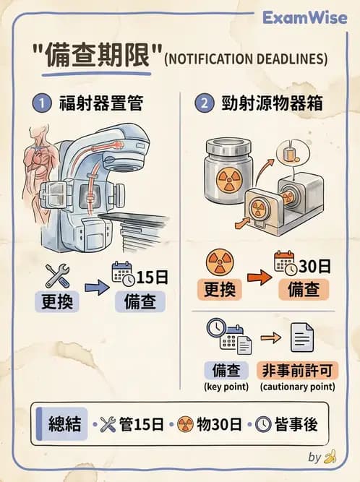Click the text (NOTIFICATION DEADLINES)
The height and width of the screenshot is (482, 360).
coord(246,59)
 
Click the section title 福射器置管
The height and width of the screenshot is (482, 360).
coord(100,103)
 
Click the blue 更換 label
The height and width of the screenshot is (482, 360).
coord(55,301)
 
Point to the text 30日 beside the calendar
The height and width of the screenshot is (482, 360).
coord(314,265)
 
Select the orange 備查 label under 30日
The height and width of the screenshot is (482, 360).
coord(304,290)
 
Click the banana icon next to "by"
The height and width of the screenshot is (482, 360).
coord(331,457)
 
